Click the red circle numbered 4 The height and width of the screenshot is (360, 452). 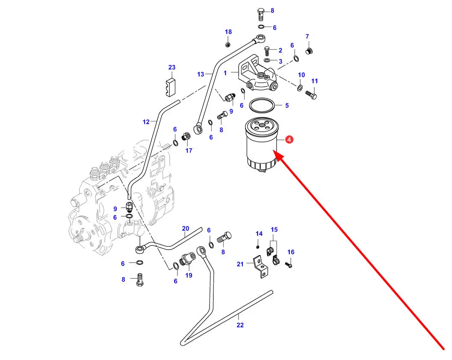pos(289,140)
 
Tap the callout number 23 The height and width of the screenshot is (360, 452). pos(171,67)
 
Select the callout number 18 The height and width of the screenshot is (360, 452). pos(228,32)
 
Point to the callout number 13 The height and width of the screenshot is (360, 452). pos(201,74)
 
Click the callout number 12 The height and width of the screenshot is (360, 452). pos(146,122)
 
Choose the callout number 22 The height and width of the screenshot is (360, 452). pos(240,325)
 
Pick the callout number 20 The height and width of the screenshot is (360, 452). pos(185,228)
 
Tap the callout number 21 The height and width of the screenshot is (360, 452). pos(240,264)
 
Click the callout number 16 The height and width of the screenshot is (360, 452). pos(291,252)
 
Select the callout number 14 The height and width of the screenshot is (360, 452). pos(259,233)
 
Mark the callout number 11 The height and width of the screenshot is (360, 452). pos(315,81)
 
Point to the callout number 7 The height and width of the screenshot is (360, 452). pos(307,37)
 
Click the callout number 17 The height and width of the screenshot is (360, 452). pos(189,150)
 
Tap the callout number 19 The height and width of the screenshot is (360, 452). pos(189,275)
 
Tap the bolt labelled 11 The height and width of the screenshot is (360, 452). pos(311,95)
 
